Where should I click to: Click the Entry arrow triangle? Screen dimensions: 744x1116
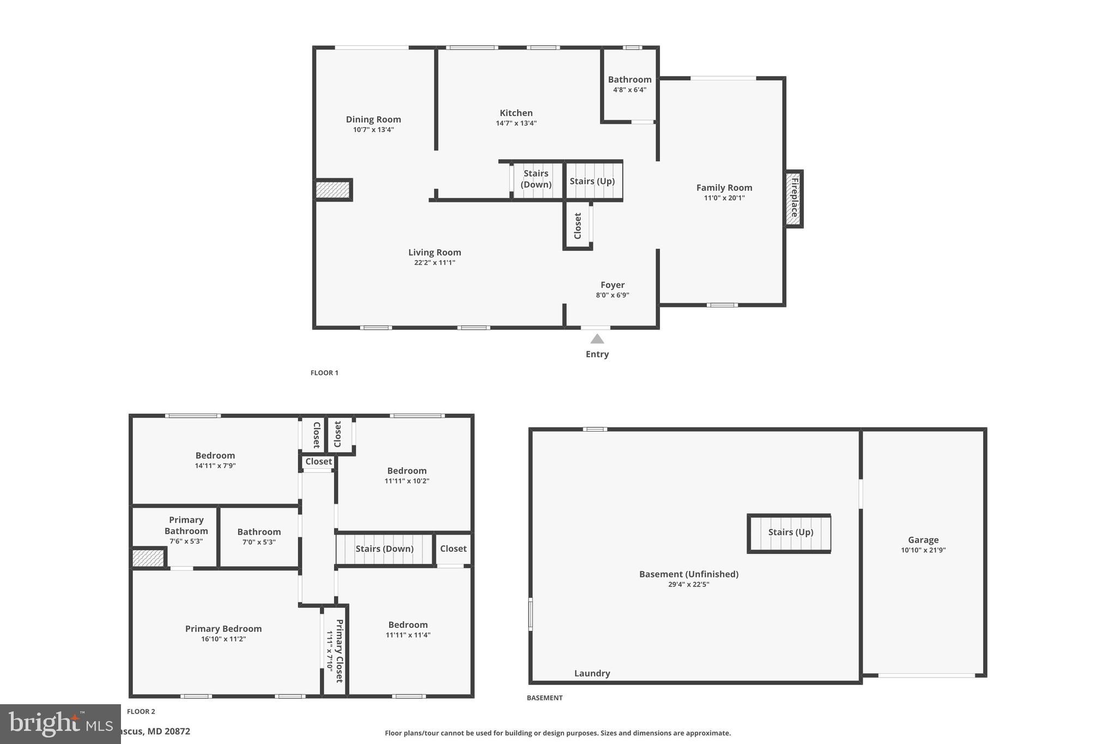pos(597,339)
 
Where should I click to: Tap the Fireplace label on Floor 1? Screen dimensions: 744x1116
pos(794,198)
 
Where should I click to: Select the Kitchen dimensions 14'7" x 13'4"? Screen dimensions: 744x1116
pos(516,123)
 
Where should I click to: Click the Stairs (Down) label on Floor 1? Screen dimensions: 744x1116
pos(536,179)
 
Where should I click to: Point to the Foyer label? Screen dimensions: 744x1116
pos(612,285)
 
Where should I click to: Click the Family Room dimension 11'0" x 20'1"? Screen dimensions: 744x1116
pos(724,198)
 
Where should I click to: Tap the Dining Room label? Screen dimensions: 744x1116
pos(373,119)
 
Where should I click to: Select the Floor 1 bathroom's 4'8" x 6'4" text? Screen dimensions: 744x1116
pos(629,90)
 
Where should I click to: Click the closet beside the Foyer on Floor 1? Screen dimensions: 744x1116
pos(578,226)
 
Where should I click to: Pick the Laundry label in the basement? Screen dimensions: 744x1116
pos(592,673)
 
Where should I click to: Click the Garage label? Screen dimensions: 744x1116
pos(923,540)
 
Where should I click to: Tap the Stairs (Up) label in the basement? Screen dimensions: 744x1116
pos(790,532)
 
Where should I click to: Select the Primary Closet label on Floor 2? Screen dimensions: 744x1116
pos(339,651)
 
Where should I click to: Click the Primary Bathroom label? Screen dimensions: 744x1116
pos(186,525)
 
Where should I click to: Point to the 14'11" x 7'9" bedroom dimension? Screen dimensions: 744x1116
pos(215,466)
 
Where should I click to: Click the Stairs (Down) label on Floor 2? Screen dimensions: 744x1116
pos(384,549)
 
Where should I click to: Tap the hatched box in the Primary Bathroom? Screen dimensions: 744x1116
pos(148,558)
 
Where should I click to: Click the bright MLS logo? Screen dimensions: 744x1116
pos(60,724)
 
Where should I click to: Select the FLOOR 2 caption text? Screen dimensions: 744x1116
pos(141,711)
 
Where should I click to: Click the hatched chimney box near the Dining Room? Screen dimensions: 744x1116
pos(332,190)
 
